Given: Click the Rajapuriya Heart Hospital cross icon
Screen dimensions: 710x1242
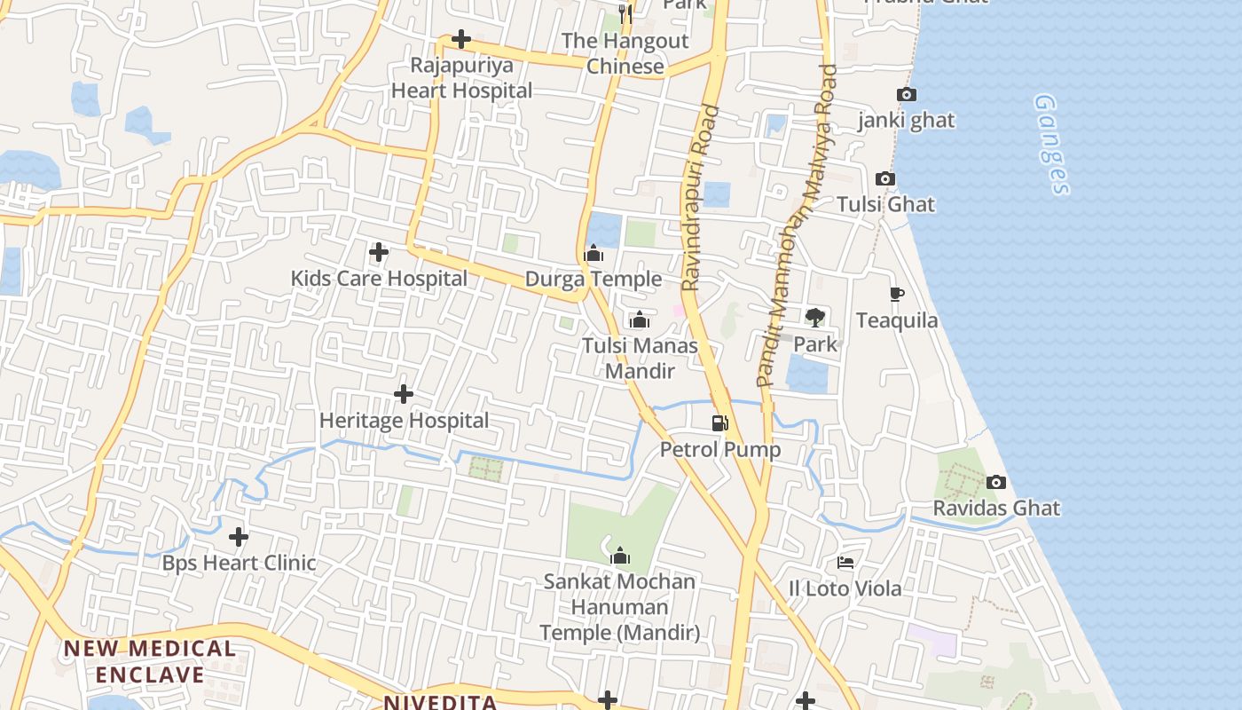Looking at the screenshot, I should point(461,39).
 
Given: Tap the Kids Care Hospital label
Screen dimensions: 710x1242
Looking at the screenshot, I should point(379,279).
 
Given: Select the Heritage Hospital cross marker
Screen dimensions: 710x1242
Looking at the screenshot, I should point(404,394).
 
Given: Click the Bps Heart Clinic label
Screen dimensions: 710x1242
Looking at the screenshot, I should point(239,563).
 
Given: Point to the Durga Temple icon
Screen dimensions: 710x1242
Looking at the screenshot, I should point(594,255).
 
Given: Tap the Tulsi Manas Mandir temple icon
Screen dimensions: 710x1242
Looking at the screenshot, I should point(640,320).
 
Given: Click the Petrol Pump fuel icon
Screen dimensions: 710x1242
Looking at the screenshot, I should point(720,423).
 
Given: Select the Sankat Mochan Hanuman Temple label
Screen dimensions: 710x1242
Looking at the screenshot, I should point(620,607).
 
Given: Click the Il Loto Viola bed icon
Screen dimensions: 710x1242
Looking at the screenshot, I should point(845,563).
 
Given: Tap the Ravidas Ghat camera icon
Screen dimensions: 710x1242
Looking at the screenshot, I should point(996,483).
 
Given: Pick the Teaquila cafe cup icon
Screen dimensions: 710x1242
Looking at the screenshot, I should point(896,295).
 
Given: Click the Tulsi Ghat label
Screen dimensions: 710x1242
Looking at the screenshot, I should point(885,204).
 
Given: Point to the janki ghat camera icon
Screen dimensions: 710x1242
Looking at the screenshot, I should point(906,95).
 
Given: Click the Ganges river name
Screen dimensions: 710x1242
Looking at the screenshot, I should point(1052,144).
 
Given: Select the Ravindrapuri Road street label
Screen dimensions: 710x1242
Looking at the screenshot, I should point(699,197).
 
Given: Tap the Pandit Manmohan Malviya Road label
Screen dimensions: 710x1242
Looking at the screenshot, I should point(797,225).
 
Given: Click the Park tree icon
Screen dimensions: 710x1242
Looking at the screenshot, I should point(815,318).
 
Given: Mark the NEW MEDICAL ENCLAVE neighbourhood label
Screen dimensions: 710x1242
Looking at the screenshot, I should point(150,661).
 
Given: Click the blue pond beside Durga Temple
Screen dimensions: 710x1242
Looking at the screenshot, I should point(604,230).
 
